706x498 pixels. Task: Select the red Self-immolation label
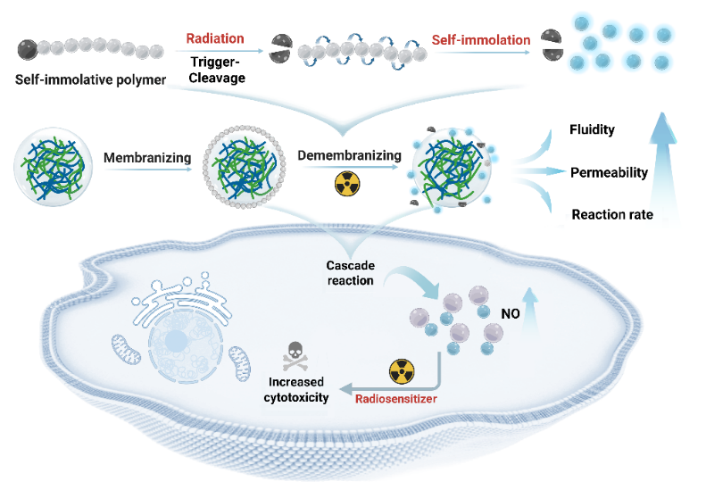click(x=481, y=40)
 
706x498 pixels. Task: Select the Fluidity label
click(x=592, y=129)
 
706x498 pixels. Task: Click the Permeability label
click(x=608, y=171)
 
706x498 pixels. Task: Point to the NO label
click(x=511, y=314)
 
